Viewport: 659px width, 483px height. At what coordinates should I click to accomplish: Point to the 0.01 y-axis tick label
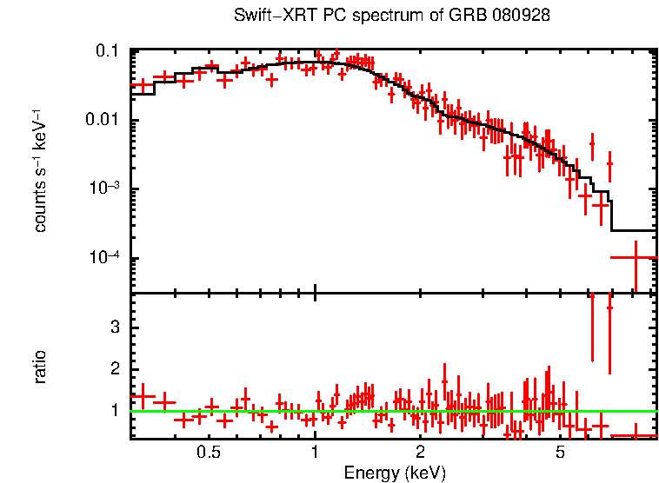pyautogui.click(x=102, y=121)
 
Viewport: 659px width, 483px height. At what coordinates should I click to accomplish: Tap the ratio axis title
pyautogui.click(x=40, y=366)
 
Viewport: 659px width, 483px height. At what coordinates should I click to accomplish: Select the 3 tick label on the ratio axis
pyautogui.click(x=113, y=328)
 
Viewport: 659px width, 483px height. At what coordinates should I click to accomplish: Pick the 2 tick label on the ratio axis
pyautogui.click(x=113, y=369)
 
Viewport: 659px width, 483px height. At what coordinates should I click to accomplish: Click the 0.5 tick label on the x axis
pyautogui.click(x=209, y=453)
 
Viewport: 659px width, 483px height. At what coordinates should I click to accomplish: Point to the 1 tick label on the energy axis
pyautogui.click(x=315, y=453)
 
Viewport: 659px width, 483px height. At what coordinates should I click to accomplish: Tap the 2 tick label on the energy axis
pyautogui.click(x=420, y=453)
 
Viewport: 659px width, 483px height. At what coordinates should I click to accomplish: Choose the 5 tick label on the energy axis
pyautogui.click(x=560, y=453)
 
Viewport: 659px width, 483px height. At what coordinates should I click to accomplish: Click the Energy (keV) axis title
pyautogui.click(x=394, y=473)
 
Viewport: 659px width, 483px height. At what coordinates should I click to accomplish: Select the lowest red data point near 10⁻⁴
pyautogui.click(x=635, y=258)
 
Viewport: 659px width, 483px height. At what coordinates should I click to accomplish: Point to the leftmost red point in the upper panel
pyautogui.click(x=142, y=85)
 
